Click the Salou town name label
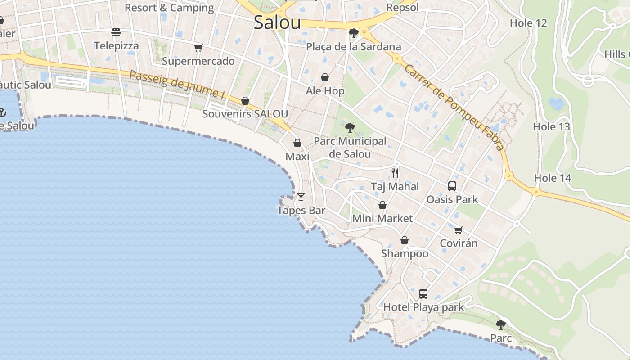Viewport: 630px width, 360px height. [277, 22]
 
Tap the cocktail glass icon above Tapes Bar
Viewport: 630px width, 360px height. [301, 197]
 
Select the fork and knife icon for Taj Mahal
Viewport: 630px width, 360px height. [395, 173]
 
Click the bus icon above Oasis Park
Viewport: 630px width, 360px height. [452, 186]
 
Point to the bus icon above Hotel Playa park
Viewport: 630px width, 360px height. [423, 294]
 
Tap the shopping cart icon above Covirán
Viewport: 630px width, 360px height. [459, 230]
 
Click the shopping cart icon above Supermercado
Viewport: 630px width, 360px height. [198, 48]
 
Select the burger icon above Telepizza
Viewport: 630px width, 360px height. [116, 32]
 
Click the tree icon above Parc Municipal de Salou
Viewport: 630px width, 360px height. [350, 128]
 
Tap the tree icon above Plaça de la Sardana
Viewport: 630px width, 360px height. [354, 33]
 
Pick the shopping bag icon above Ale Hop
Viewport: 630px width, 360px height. [325, 77]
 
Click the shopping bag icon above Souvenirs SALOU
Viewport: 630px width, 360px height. [245, 101]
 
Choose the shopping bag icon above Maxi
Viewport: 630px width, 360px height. [297, 143]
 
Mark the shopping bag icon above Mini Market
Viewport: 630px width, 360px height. [382, 205]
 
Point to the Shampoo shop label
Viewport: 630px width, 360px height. [405, 254]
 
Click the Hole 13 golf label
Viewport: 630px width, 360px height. [551, 127]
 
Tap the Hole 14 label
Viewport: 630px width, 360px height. [552, 178]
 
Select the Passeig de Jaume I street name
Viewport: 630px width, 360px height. [177, 84]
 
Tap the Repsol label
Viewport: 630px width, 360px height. [402, 8]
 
